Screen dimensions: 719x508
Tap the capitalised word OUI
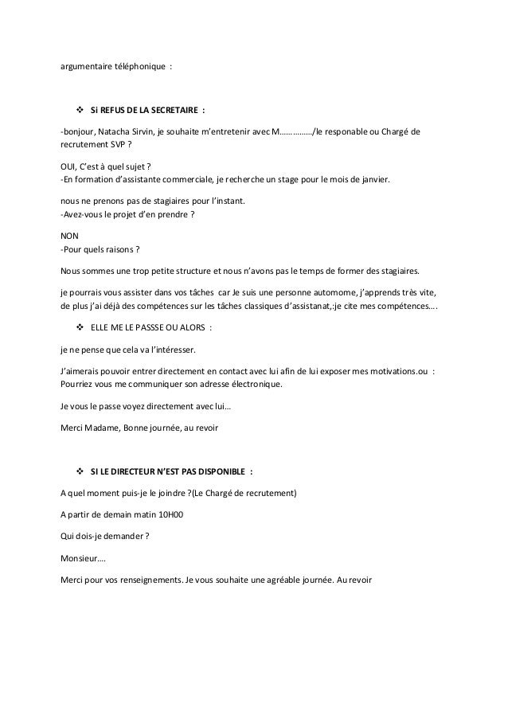tap(69, 166)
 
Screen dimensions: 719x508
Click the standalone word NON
tap(69, 235)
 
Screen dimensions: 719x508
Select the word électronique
tap(256, 384)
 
